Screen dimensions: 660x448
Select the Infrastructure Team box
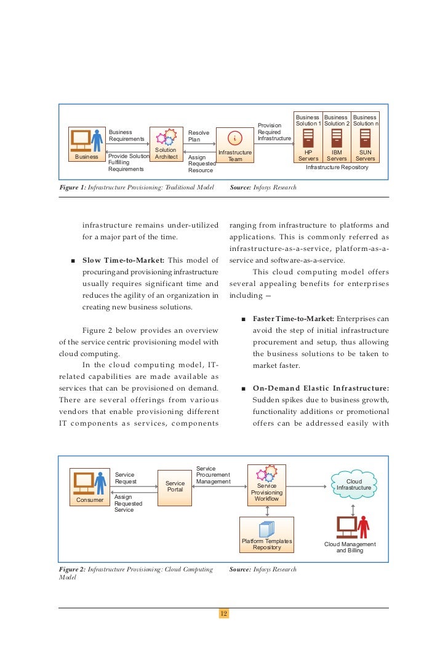click(234, 146)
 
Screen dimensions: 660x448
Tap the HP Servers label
click(308, 155)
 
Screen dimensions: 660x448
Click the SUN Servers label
click(366, 155)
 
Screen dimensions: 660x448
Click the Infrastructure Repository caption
click(337, 167)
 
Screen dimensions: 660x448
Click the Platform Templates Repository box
click(266, 535)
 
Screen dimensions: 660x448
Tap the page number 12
click(223, 614)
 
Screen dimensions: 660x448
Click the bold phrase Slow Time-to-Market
click(123, 261)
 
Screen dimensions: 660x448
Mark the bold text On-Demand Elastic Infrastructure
click(321, 388)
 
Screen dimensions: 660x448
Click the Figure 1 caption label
click(72, 187)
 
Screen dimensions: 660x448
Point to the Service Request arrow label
click(126, 478)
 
